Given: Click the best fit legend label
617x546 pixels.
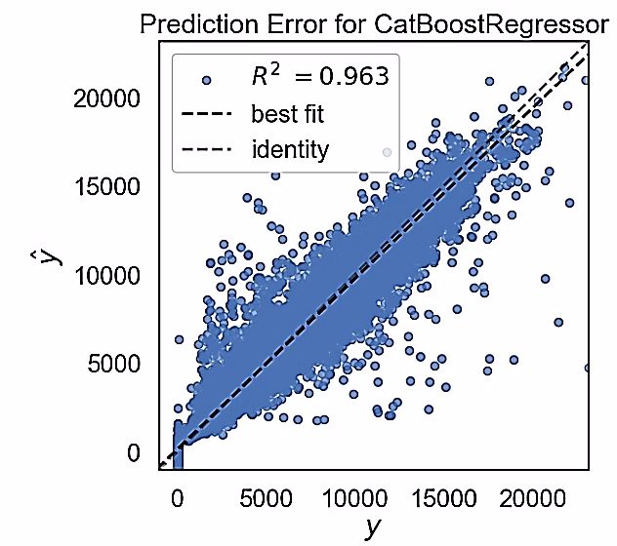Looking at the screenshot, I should tap(287, 114).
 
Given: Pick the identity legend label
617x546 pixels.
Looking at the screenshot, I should tap(290, 150).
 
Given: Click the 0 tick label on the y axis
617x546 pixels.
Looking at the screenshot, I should tap(133, 453).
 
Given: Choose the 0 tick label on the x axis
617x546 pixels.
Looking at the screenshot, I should tap(177, 496).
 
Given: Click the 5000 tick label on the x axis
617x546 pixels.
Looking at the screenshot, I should tap(265, 496).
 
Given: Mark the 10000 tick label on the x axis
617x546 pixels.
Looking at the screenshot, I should tap(353, 496).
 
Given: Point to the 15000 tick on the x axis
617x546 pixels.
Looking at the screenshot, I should tap(442, 496).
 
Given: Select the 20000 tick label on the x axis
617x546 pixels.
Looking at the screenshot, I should tap(531, 496).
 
